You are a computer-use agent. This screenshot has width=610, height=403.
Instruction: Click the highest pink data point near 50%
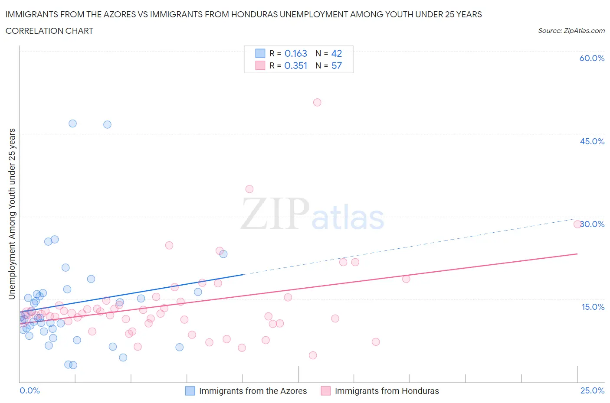click(x=317, y=102)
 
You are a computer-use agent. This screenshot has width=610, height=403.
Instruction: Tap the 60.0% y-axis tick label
click(x=592, y=58)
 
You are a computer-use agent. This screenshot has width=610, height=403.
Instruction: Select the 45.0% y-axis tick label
click(x=592, y=141)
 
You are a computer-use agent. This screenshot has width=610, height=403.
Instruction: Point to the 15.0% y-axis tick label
click(x=593, y=307)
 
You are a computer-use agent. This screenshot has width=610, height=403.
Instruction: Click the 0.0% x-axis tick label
click(x=30, y=390)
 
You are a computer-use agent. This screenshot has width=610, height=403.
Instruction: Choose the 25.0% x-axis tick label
click(x=592, y=390)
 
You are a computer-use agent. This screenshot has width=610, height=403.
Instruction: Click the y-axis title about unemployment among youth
click(x=12, y=214)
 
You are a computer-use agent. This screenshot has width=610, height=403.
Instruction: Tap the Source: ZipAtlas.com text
click(x=571, y=30)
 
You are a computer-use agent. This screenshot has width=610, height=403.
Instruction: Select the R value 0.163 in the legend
click(x=295, y=53)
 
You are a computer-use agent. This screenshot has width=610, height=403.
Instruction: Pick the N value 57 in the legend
click(x=336, y=65)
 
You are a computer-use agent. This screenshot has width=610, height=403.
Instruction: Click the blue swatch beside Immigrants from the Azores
click(x=190, y=391)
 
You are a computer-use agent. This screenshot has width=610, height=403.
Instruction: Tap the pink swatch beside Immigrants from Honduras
click(x=325, y=391)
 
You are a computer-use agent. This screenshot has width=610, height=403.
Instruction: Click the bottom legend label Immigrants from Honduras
click(x=387, y=391)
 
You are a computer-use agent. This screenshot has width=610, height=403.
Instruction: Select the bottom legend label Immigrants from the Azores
click(x=253, y=391)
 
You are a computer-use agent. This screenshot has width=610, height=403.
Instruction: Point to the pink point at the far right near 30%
click(x=577, y=224)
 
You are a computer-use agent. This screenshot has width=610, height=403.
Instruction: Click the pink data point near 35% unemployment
click(x=249, y=189)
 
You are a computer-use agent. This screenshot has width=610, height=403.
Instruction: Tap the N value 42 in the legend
click(x=336, y=53)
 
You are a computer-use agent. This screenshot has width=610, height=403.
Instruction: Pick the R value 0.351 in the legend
click(x=295, y=65)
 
